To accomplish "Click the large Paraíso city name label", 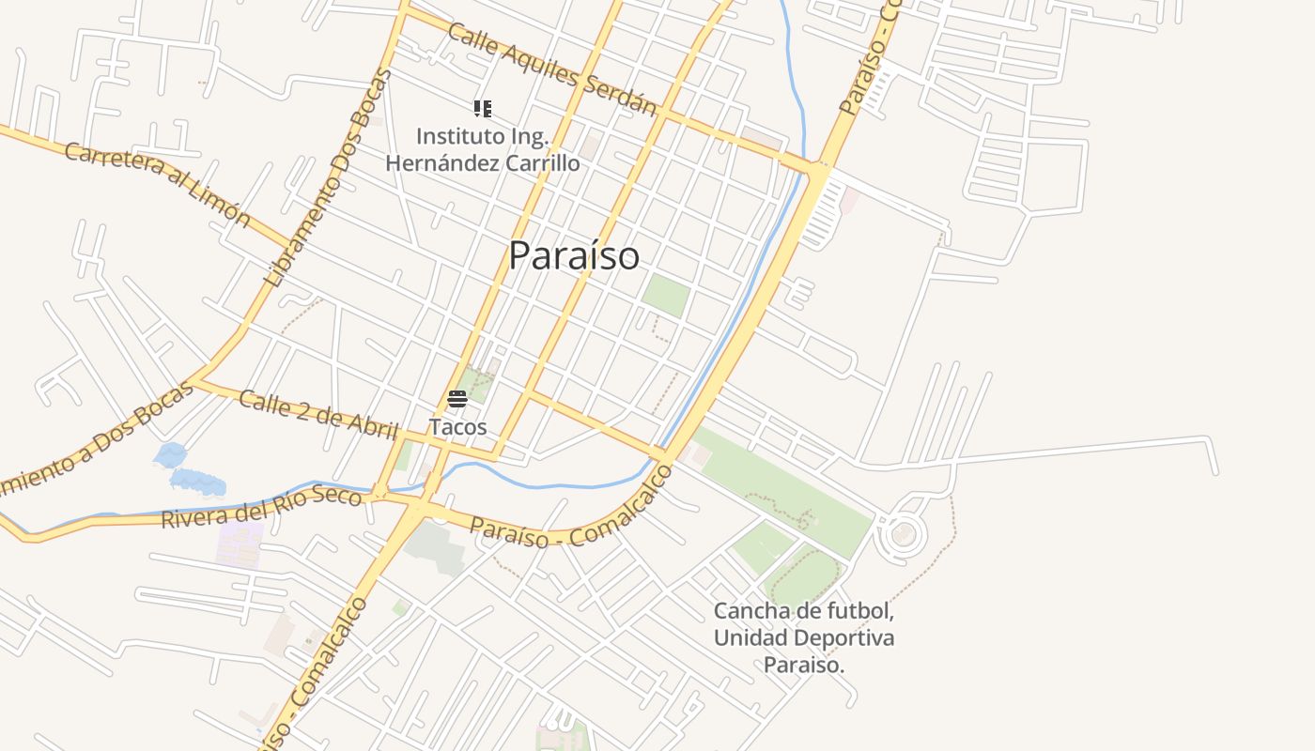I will tap(574, 255).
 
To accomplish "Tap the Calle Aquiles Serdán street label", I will tap(551, 69).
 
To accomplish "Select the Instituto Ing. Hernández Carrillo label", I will tap(483, 149).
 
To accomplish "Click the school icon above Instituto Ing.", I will tap(483, 109).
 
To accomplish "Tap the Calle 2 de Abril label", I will tap(319, 415).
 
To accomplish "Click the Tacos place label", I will tap(458, 427).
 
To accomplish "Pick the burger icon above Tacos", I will tap(457, 399).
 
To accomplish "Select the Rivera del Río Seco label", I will tap(261, 506).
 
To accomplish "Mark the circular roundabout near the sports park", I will tap(903, 534).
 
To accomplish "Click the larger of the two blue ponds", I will tap(198, 483).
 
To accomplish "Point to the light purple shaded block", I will tap(240, 544).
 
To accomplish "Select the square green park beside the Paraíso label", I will tap(665, 296).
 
